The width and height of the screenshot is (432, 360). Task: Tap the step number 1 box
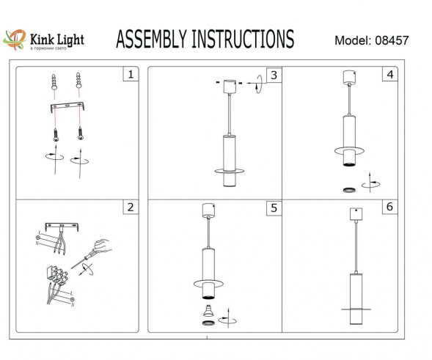click(x=130, y=74)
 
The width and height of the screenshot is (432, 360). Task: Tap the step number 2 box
click(x=130, y=207)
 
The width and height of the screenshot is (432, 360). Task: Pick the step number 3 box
click(x=273, y=75)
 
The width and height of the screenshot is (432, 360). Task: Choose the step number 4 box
click(x=389, y=75)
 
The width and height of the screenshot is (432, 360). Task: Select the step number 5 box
click(x=273, y=207)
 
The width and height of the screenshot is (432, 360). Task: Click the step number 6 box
click(x=389, y=207)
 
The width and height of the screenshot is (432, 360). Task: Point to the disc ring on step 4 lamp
click(x=351, y=151)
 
